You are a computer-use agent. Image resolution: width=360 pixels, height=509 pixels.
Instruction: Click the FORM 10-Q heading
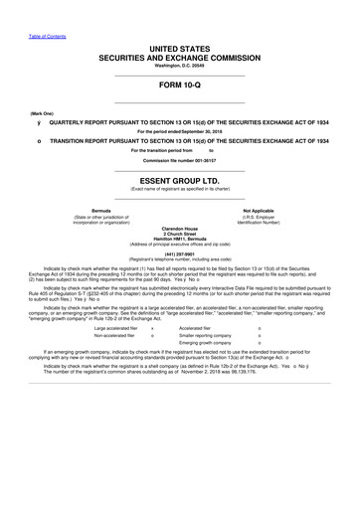click(179, 85)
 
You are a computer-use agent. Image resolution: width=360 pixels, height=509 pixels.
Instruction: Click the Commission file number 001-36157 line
click(179, 159)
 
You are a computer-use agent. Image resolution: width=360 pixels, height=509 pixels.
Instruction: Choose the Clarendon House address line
click(179, 226)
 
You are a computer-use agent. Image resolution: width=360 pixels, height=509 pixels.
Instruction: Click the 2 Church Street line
click(179, 232)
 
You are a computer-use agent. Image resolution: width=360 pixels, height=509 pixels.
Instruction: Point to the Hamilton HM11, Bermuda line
click(179, 238)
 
